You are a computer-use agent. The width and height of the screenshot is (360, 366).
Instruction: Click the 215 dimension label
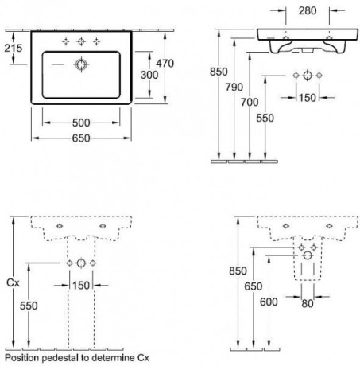coord(14,48)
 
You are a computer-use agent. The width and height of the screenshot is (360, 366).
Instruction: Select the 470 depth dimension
coord(165,64)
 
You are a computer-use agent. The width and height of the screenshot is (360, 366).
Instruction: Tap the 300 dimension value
coord(149,75)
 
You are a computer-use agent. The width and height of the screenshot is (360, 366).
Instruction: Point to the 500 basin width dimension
coord(81,123)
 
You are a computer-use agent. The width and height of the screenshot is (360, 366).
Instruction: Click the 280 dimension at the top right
coord(308,10)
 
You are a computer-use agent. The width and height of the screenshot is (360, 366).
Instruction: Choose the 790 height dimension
coord(234,87)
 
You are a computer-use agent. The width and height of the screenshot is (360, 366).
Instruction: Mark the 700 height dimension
coord(250,103)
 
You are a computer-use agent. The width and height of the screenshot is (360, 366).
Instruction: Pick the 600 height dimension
coord(269,302)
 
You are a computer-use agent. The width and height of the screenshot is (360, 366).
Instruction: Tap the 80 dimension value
coord(308,304)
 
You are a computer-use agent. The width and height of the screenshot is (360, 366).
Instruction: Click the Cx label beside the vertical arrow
coord(13,282)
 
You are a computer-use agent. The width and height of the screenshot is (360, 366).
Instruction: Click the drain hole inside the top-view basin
coord(81,64)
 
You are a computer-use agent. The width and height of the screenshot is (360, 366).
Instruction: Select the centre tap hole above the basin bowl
coord(81,41)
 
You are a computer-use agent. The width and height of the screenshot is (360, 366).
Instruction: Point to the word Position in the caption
coord(22,358)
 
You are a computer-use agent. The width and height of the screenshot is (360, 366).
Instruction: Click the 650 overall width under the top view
coord(81,138)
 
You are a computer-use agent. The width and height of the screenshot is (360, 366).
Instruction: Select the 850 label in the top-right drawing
coord(219,72)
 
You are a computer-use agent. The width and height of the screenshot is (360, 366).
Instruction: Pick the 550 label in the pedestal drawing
coord(29,306)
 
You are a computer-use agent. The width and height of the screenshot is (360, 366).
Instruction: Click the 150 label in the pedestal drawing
coord(81,286)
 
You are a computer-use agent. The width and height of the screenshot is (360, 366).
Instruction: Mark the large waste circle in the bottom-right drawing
coord(308,255)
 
